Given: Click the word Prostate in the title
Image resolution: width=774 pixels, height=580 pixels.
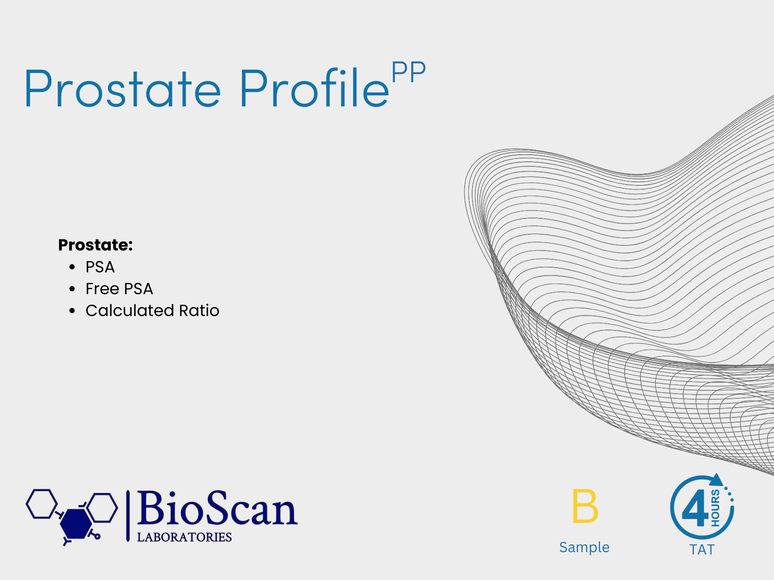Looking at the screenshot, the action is pos(122,88).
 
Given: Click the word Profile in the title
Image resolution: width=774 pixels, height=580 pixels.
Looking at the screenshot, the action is pos(314,88).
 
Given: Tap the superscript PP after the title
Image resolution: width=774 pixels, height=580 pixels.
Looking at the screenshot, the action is pos(408,72).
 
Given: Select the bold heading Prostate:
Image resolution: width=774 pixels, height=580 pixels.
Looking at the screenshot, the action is pos(95,245).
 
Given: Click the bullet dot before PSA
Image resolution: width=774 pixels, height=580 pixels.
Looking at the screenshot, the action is pos(72,267).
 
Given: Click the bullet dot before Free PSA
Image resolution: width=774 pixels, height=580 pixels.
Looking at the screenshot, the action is pos(72,289).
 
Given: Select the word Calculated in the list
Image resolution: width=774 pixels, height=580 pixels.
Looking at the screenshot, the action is pos(130,310).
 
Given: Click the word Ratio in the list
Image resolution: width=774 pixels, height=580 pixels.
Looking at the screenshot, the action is pos(199,310).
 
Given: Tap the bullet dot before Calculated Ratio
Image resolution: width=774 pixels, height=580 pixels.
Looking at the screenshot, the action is pos(72,310).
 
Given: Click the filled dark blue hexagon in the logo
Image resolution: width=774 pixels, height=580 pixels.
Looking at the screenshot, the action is pos(75,524).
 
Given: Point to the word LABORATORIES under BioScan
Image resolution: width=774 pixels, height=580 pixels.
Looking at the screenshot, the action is pos(184,537).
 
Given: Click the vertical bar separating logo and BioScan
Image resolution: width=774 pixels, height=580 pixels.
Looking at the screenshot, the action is pos(127,516).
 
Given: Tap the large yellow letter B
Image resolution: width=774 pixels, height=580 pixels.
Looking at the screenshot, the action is pos(585,506).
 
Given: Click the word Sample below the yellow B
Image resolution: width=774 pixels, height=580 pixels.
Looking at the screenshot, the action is pos(584,547).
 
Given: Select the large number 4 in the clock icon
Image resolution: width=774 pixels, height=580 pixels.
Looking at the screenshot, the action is pos(695,508).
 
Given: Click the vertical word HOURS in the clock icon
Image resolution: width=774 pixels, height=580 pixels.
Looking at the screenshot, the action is pos(715,508).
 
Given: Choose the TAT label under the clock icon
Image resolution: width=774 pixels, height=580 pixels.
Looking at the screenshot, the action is pos(702,550).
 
